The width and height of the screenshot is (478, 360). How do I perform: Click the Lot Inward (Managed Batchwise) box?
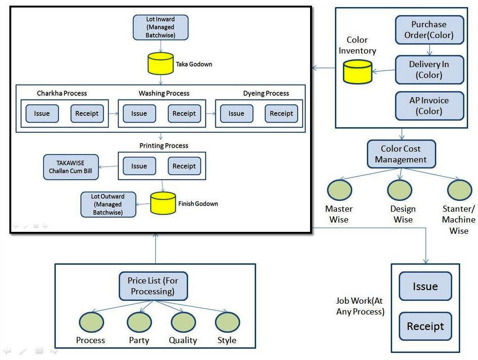click(160, 27)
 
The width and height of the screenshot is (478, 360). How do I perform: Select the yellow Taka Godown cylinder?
click(160, 63)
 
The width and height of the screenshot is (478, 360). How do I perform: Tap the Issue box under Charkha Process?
click(42, 113)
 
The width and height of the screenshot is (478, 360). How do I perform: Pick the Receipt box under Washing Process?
click(184, 113)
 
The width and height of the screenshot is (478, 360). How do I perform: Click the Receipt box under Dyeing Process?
click(281, 113)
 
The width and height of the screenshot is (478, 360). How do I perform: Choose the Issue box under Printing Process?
click(139, 166)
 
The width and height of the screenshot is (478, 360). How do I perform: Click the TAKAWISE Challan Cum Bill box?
click(71, 167)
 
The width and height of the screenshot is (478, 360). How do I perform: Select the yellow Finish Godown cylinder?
click(163, 203)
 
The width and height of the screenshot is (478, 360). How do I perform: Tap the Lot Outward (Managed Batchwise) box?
click(108, 204)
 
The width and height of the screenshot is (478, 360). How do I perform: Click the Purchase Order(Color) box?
click(429, 30)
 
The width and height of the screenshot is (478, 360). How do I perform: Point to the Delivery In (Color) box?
click(429, 69)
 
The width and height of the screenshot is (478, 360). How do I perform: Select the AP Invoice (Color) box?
click(429, 106)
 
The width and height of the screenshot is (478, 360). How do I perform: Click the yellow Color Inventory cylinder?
click(357, 72)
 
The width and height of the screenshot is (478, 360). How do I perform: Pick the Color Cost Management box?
click(401, 154)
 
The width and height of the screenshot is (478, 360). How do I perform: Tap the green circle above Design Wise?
click(400, 190)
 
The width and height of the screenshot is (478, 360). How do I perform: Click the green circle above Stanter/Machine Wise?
click(459, 190)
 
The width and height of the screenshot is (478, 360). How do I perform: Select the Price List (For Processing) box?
click(152, 286)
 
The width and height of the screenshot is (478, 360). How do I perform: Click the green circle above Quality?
click(183, 322)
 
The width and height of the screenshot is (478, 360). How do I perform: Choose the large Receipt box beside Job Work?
click(425, 326)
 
